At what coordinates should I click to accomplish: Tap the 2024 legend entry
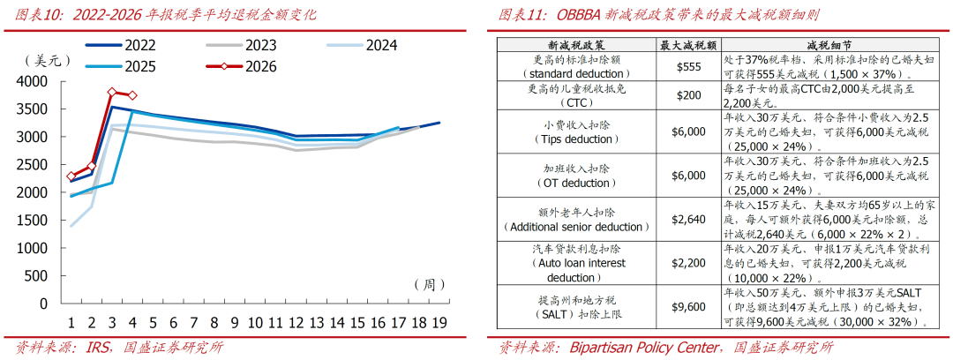(381, 45)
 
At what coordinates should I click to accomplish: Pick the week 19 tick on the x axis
(439, 323)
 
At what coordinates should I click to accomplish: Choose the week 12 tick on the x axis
(296, 323)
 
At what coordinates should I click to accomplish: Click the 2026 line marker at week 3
(112, 92)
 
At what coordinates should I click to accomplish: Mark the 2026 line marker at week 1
(71, 176)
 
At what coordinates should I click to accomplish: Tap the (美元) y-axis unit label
(44, 61)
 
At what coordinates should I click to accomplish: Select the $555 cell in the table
(689, 67)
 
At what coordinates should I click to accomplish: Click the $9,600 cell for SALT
(689, 308)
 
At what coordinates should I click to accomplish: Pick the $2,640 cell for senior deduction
(689, 220)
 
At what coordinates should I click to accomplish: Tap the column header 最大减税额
(689, 43)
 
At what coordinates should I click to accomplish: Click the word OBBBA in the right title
(605, 14)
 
